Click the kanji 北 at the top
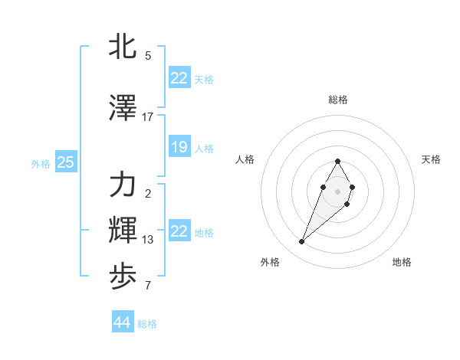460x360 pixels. click(x=123, y=46)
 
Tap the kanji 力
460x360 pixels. click(x=123, y=185)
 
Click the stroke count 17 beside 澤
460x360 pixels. click(x=148, y=117)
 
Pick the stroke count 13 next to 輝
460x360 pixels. click(x=148, y=240)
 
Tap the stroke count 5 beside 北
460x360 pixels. click(x=148, y=56)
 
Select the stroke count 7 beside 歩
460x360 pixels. click(x=148, y=286)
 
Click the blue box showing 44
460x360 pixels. click(x=122, y=322)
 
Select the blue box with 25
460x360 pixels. click(x=65, y=162)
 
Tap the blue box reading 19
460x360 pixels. click(x=179, y=147)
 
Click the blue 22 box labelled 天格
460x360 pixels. click(x=179, y=78)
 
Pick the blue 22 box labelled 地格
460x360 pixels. click(x=179, y=231)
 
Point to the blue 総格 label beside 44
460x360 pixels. click(x=147, y=324)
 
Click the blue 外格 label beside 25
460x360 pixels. click(x=41, y=163)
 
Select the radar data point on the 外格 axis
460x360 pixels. click(x=302, y=242)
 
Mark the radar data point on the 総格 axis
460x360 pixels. click(x=337, y=162)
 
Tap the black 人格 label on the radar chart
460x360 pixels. click(x=245, y=159)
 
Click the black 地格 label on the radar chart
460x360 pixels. click(x=402, y=262)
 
